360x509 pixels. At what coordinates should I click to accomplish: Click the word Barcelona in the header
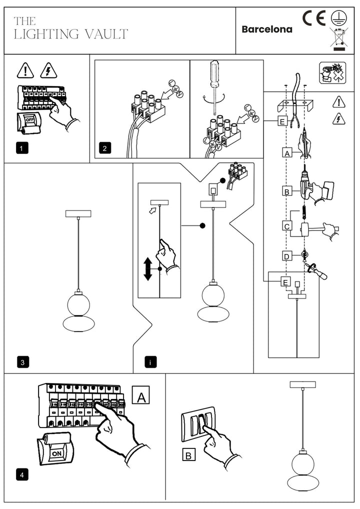[266, 29]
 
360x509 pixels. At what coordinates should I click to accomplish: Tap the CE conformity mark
[314, 18]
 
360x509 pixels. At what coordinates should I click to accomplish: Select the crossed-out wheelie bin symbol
[339, 38]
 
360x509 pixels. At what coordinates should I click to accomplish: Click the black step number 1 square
[21, 148]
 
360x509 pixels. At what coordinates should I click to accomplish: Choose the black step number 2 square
[104, 148]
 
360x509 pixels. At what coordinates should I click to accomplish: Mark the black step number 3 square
[21, 362]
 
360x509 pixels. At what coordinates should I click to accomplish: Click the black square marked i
[149, 362]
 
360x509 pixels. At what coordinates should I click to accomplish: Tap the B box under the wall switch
[188, 455]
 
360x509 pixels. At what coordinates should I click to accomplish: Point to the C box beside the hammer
[287, 226]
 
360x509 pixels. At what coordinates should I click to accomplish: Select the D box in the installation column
[286, 256]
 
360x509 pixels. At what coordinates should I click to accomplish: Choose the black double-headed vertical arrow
[147, 269]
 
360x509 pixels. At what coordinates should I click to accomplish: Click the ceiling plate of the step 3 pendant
[78, 213]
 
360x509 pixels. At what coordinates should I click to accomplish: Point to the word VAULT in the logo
[106, 34]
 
